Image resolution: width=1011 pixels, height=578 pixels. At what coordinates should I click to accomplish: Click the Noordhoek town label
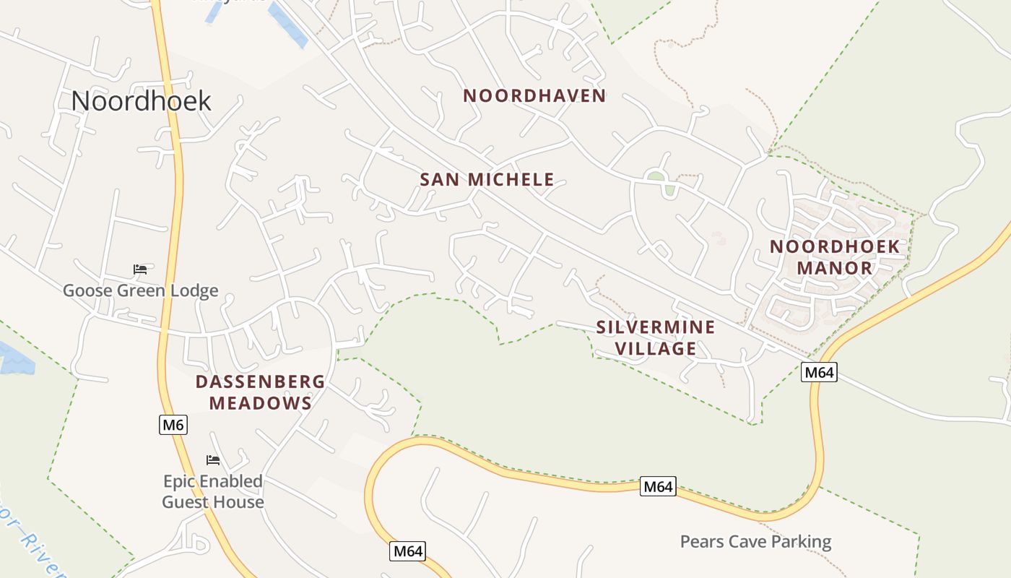click(141, 101)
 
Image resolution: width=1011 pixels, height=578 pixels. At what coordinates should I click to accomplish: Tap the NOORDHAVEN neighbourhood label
click(534, 95)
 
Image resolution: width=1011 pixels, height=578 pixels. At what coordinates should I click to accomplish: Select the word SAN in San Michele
click(440, 179)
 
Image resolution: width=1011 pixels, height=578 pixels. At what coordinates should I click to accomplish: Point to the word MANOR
click(834, 268)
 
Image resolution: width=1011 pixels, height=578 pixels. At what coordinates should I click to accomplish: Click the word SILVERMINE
click(655, 327)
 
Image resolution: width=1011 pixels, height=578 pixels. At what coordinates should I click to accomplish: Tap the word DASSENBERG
click(260, 381)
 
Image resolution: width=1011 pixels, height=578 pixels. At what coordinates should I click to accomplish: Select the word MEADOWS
click(260, 403)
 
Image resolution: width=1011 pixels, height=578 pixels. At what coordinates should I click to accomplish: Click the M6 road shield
click(173, 425)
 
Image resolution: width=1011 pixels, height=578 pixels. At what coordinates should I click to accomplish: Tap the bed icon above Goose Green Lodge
click(140, 269)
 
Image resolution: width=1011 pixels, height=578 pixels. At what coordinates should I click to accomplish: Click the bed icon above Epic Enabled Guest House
click(212, 460)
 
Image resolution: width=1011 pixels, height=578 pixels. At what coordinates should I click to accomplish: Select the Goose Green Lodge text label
click(140, 291)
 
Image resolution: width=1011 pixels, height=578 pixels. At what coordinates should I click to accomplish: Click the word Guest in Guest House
click(186, 502)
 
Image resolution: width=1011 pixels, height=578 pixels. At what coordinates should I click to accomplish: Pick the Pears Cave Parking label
click(755, 541)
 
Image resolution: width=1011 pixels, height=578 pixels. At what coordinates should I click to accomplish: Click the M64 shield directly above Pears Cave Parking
click(658, 486)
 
